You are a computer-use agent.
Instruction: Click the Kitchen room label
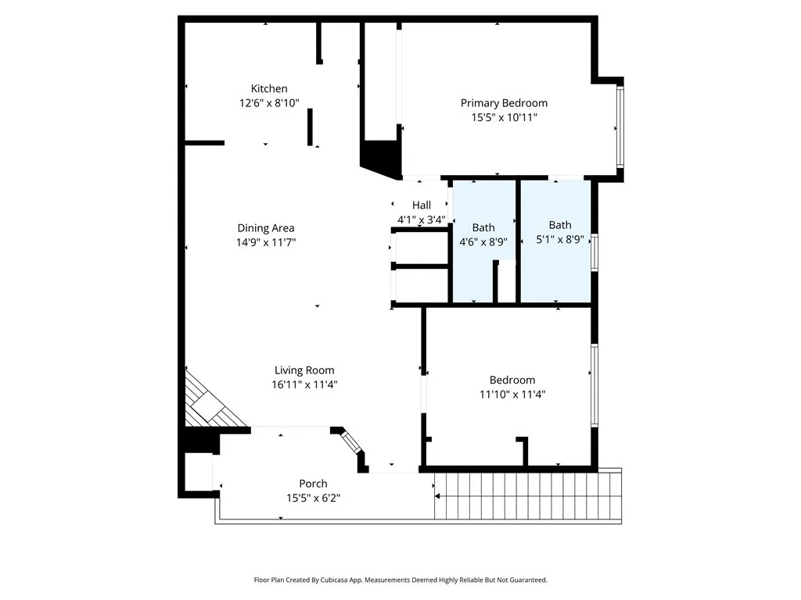[x=268, y=89]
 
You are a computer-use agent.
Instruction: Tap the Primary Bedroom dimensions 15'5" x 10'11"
[x=504, y=117]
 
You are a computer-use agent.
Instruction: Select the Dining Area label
[x=266, y=228]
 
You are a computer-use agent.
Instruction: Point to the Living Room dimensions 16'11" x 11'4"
[x=304, y=384]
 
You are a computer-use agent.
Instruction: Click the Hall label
[x=422, y=205]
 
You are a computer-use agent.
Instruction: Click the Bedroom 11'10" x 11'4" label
[x=512, y=380]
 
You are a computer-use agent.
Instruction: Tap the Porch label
[x=313, y=484]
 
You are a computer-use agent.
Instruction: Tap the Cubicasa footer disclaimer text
[x=400, y=580]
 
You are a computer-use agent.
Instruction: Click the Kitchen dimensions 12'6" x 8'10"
[x=269, y=103]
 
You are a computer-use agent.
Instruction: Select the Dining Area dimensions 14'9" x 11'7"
[x=266, y=242]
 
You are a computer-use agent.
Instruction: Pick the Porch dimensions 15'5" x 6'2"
[x=313, y=498]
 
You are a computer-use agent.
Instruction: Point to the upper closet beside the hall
[x=421, y=248]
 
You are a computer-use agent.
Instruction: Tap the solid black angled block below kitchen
[x=380, y=156]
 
